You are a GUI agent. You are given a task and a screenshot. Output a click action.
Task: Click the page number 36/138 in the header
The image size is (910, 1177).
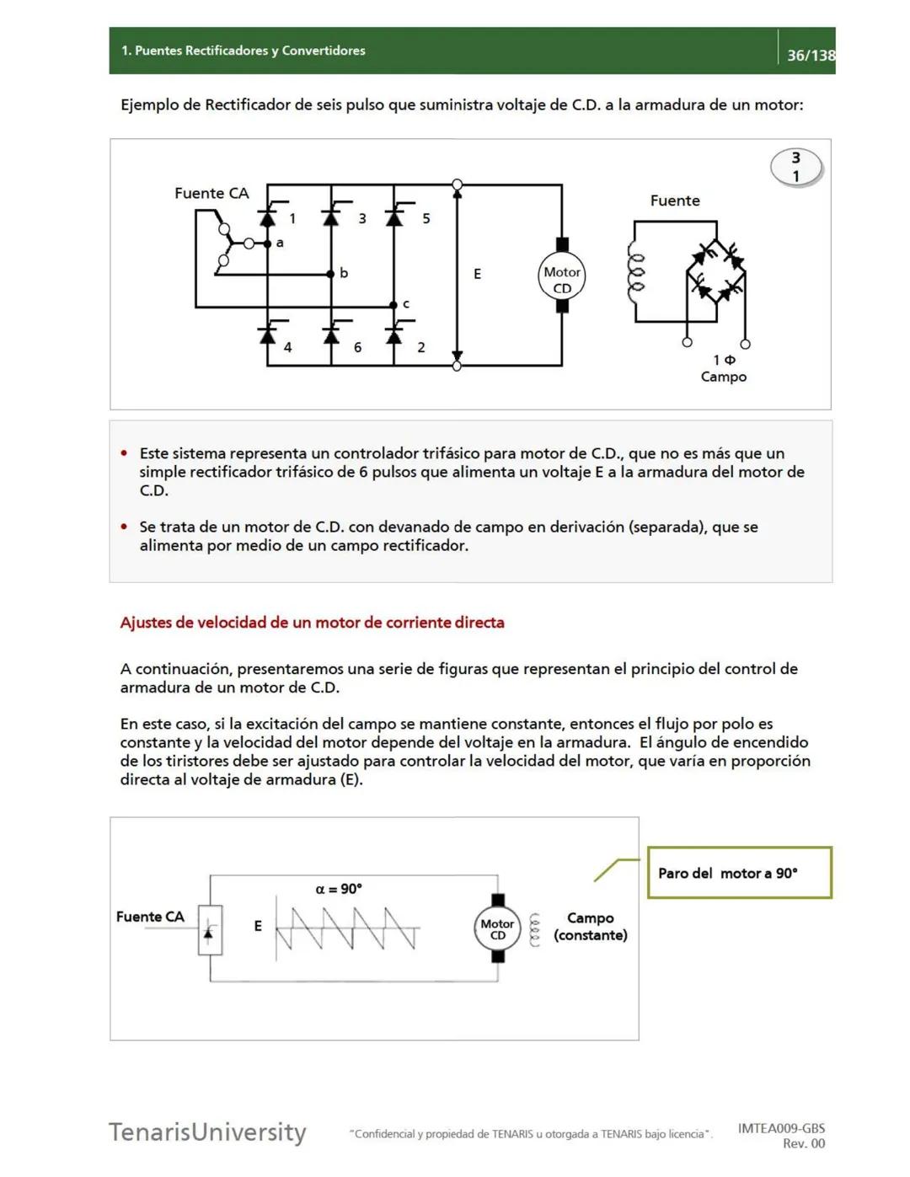[x=810, y=56]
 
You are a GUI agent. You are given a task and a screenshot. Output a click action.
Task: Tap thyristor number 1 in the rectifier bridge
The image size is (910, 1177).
[x=268, y=217]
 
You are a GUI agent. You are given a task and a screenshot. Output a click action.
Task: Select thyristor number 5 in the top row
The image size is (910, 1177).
[x=394, y=217]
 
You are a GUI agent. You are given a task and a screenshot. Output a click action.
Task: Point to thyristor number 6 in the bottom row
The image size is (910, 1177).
[x=331, y=336]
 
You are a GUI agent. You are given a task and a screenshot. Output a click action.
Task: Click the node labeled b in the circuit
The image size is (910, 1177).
[x=331, y=274]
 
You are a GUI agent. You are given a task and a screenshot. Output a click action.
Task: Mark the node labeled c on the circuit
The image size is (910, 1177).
[x=393, y=305]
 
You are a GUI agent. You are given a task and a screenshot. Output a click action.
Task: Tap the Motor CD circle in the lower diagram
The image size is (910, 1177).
[x=497, y=928]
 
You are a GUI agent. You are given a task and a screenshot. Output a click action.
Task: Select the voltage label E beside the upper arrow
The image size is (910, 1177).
[x=477, y=274]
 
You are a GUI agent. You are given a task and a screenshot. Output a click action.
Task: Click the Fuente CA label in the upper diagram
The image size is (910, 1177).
[x=211, y=193]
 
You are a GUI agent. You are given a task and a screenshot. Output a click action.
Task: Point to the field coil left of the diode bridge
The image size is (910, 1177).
[x=636, y=272]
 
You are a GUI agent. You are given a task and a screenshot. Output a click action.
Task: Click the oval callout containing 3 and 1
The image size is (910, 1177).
[x=795, y=167]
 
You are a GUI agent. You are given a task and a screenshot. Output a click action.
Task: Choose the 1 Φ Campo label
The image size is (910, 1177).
[x=724, y=368]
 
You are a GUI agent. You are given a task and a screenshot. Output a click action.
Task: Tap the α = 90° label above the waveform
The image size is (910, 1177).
[x=339, y=889]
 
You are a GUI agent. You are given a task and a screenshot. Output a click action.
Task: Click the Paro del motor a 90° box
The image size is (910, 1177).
[x=739, y=873]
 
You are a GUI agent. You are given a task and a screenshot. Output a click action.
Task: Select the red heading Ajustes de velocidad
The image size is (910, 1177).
[x=312, y=623]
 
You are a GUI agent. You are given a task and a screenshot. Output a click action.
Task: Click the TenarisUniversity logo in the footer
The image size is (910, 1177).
[x=207, y=1132]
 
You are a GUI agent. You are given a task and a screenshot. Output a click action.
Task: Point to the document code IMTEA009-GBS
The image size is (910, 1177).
[x=781, y=1128]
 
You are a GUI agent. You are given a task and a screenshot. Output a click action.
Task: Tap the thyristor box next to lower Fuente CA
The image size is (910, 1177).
[x=210, y=930]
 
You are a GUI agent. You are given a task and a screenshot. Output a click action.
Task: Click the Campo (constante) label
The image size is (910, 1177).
[x=590, y=926]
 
